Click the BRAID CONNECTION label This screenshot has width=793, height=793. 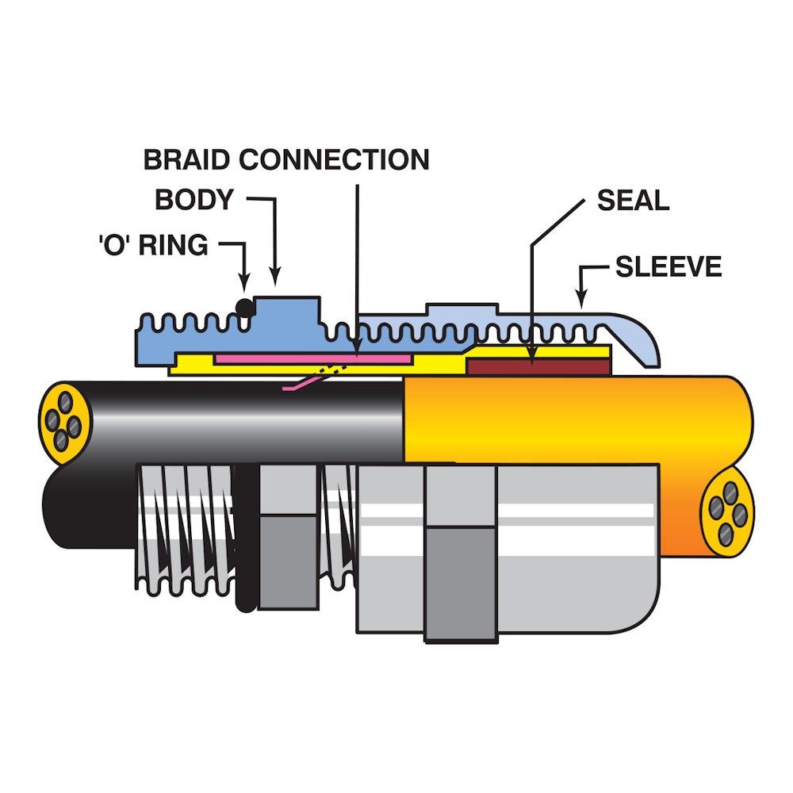coord(286,159)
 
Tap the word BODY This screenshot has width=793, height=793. coord(194,200)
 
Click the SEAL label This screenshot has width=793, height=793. coord(633,200)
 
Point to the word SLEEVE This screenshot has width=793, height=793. coord(668,266)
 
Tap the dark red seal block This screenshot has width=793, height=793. coord(539,366)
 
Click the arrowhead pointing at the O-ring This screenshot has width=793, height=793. coord(245,282)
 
